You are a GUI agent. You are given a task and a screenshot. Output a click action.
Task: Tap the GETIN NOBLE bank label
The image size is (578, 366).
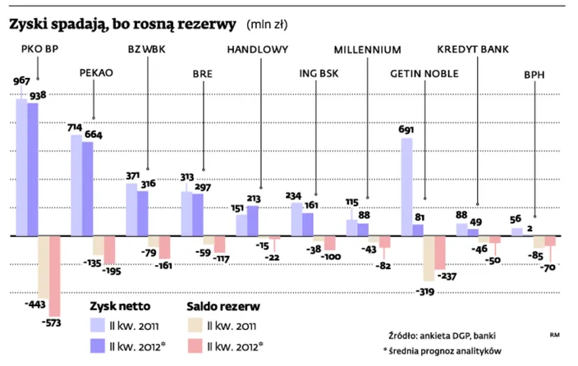424,73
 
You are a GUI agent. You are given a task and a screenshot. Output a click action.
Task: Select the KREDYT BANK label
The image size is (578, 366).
473,48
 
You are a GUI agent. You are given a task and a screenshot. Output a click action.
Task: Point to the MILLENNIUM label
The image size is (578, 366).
367,48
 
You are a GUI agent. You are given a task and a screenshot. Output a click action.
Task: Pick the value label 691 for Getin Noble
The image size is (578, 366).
406,130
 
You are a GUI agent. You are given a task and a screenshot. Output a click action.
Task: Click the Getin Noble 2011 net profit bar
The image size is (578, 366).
406,186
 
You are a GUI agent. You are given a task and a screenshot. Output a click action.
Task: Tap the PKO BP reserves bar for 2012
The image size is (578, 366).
54,276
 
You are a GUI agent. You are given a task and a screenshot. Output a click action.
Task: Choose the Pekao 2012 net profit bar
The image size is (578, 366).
87,189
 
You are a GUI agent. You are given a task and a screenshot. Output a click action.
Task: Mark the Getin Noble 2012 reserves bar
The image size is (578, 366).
439,253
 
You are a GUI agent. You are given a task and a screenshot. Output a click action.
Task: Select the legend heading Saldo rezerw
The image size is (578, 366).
227,305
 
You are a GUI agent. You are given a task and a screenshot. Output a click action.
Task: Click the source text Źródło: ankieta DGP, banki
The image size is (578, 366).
443,335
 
